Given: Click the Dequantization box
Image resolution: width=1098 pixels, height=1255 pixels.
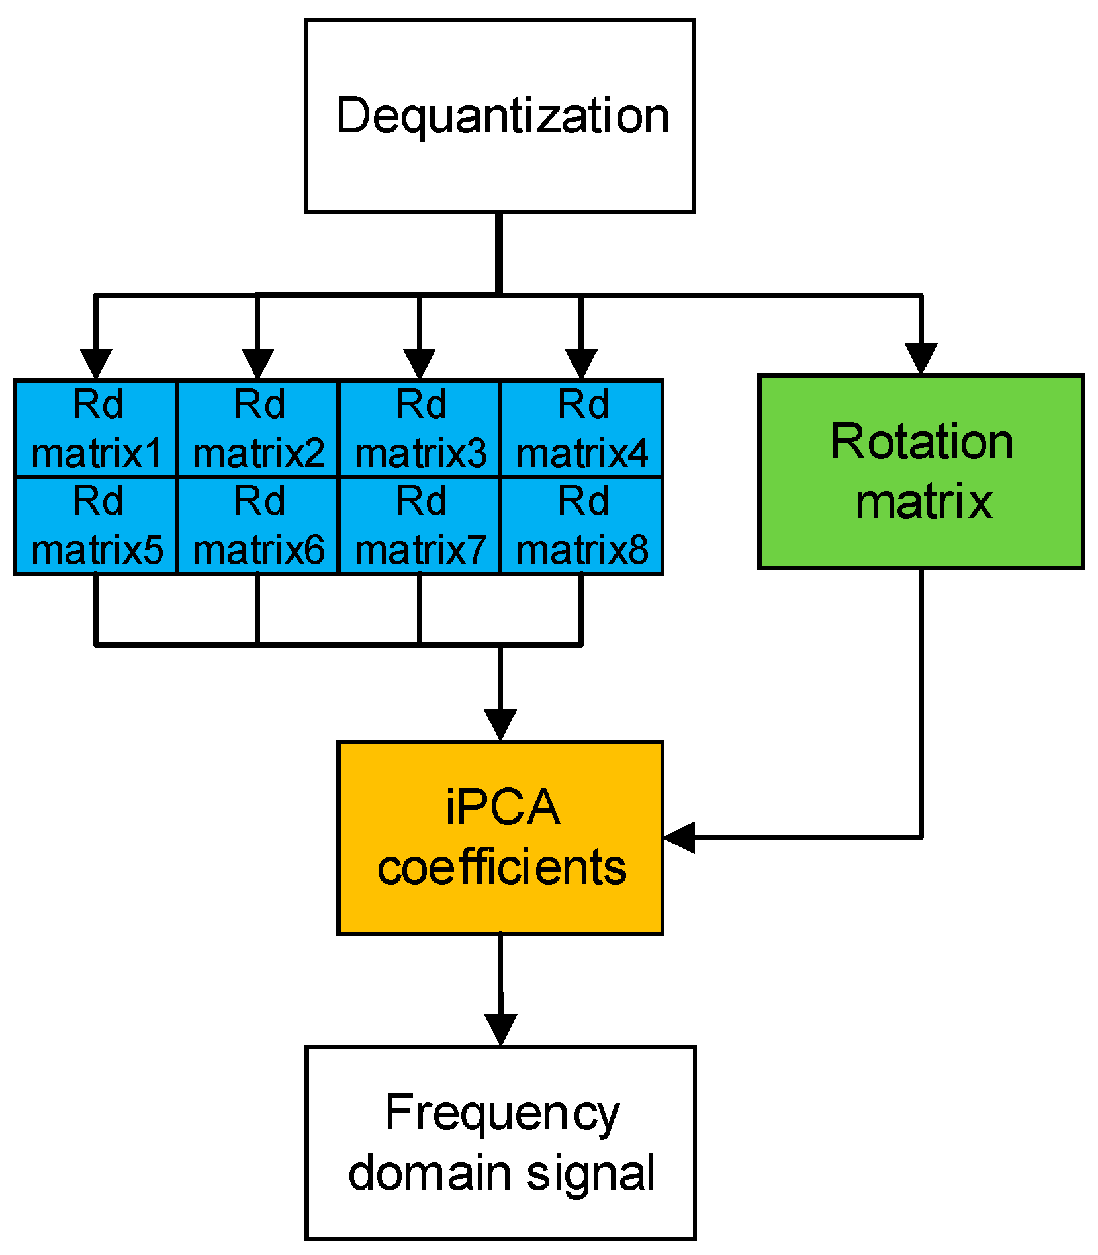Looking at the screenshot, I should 500,116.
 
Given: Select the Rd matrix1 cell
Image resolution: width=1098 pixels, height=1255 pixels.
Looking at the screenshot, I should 96,429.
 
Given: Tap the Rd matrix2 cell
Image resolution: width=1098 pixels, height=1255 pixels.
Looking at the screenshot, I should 258,429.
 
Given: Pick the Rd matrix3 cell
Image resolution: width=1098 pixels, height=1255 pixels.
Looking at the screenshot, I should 420,429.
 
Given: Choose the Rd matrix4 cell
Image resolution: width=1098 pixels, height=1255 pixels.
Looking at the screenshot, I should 582,429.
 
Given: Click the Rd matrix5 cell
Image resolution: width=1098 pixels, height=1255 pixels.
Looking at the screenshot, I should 96,525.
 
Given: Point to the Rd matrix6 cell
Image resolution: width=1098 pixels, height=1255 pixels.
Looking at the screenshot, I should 258,525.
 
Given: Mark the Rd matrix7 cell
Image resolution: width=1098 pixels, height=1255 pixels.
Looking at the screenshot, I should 420,525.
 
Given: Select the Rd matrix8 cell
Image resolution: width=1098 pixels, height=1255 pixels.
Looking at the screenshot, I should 582,525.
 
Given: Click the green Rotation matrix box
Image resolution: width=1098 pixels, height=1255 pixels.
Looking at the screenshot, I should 921,472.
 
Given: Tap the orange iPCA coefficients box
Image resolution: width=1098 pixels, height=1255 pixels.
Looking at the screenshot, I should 500,838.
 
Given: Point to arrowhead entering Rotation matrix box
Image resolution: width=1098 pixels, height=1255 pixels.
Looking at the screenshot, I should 921,359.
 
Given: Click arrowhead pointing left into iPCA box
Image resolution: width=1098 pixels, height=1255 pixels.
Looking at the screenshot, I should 679,838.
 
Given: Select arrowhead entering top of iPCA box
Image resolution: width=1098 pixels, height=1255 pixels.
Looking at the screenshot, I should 500,725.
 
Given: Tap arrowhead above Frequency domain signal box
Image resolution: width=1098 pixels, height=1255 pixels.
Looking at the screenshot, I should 500,1029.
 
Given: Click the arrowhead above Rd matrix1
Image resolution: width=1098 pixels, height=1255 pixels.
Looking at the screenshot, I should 96,363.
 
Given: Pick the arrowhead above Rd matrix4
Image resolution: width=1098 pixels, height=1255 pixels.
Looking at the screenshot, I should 581,363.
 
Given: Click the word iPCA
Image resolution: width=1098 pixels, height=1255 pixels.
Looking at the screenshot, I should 502,808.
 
